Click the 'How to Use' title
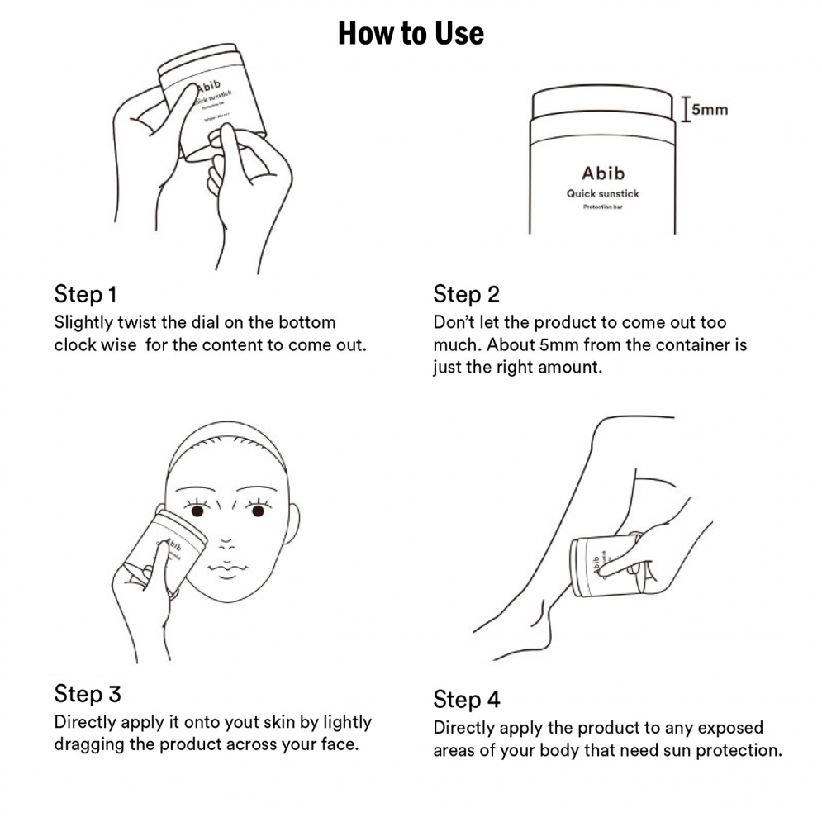coord(411,34)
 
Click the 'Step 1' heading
coord(85,294)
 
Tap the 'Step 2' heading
coord(466,294)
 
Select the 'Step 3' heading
coord(87,692)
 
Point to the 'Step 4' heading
coord(466,700)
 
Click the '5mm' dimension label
coord(709,109)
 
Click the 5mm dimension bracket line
coord(685,109)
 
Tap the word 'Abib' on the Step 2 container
coord(602,173)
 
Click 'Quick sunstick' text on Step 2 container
coord(602,194)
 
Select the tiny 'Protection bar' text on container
coord(602,207)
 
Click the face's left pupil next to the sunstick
coord(198,511)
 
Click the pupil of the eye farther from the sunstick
coord(257,511)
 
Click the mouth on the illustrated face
coord(225,569)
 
